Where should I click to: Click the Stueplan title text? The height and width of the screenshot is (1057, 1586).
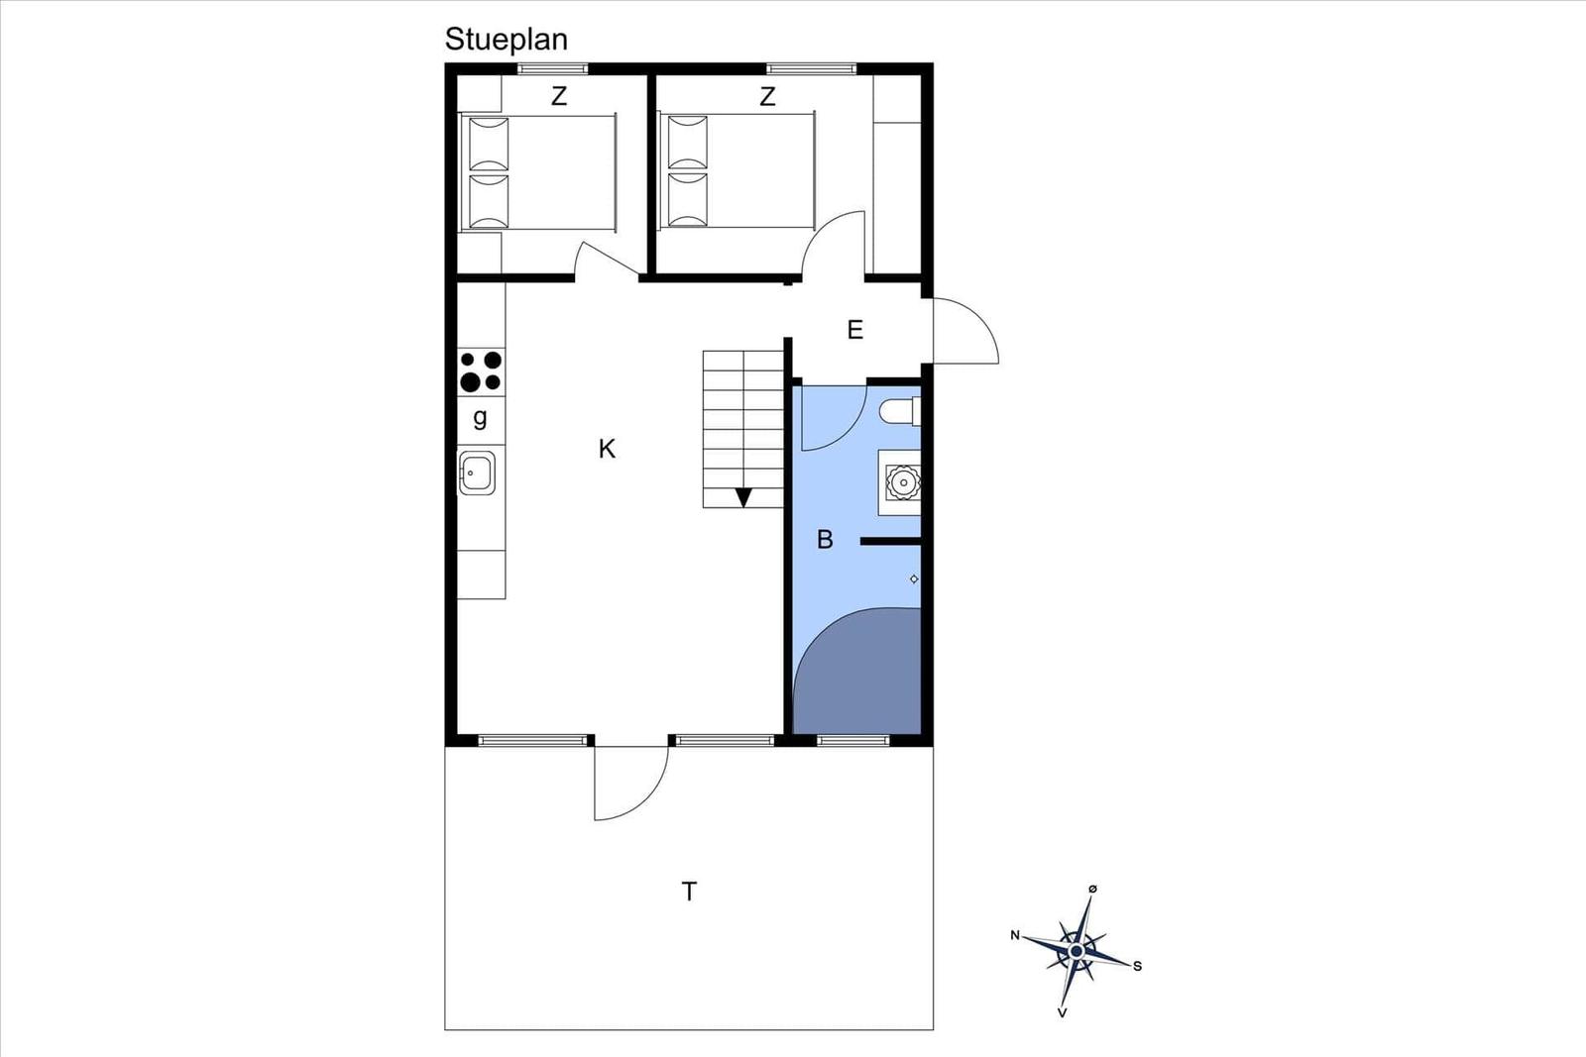pyautogui.click(x=507, y=40)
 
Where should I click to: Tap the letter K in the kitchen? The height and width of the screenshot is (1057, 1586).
pyautogui.click(x=607, y=449)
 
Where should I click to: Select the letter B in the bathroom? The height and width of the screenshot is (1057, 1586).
pyautogui.click(x=825, y=540)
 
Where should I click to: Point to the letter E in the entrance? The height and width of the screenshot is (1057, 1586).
pyautogui.click(x=855, y=330)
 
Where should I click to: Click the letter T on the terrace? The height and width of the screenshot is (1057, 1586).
pyautogui.click(x=689, y=892)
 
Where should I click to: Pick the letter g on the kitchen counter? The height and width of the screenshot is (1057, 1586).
pyautogui.click(x=480, y=417)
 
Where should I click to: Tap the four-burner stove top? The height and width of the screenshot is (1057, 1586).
pyautogui.click(x=481, y=371)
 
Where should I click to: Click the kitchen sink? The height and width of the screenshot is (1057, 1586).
pyautogui.click(x=477, y=473)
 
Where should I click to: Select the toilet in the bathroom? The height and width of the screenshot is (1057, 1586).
pyautogui.click(x=901, y=411)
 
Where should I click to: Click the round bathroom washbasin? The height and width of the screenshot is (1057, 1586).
pyautogui.click(x=903, y=482)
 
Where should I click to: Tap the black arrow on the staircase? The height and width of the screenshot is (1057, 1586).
pyautogui.click(x=743, y=497)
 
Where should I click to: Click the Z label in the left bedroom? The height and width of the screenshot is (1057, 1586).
pyautogui.click(x=559, y=96)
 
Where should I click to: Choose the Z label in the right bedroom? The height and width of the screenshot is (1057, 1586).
pyautogui.click(x=767, y=96)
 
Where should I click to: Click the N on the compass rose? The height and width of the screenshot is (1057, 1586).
pyautogui.click(x=1015, y=935)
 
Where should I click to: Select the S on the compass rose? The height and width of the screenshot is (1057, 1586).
pyautogui.click(x=1138, y=967)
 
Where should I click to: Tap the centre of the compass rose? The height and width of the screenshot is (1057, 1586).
pyautogui.click(x=1076, y=951)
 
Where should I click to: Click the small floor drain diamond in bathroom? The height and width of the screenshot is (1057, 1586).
pyautogui.click(x=914, y=579)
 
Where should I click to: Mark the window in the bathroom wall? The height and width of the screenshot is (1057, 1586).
pyautogui.click(x=853, y=741)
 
